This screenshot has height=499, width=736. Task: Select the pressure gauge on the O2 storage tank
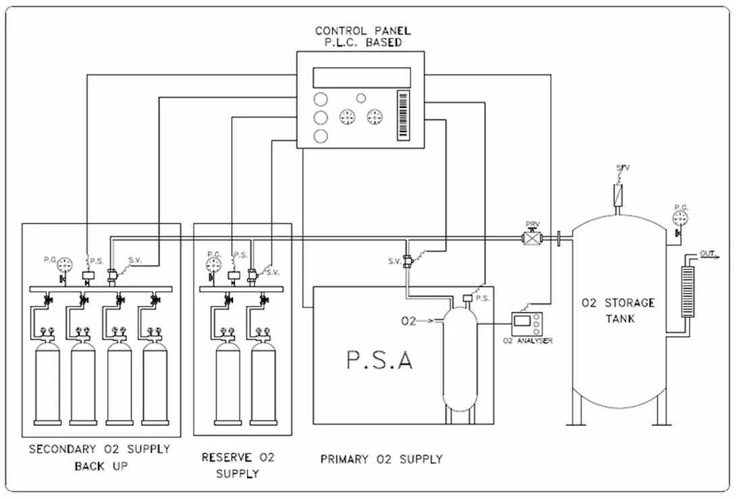(681, 217)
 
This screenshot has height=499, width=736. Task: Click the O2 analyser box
(525, 322)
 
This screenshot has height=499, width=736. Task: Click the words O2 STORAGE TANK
(618, 310)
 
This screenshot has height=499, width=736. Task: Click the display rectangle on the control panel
(362, 78)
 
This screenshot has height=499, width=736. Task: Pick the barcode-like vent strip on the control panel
(404, 115)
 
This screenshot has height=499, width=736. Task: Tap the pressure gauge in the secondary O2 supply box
(65, 263)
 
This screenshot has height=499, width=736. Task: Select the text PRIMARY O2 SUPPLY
(381, 459)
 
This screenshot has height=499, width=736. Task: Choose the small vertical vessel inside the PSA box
(460, 361)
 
